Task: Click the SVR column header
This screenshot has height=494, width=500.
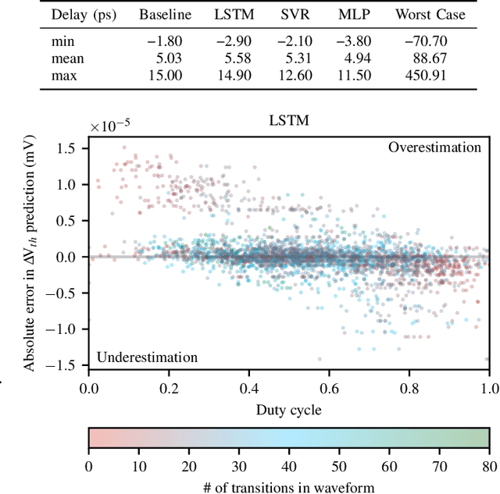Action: (285, 15)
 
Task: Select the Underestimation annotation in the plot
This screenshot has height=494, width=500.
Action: (147, 357)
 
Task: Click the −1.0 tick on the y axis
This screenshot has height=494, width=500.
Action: (69, 329)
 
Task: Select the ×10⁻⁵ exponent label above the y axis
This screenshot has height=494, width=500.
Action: (111, 124)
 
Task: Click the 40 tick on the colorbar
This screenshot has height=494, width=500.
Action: (289, 467)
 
